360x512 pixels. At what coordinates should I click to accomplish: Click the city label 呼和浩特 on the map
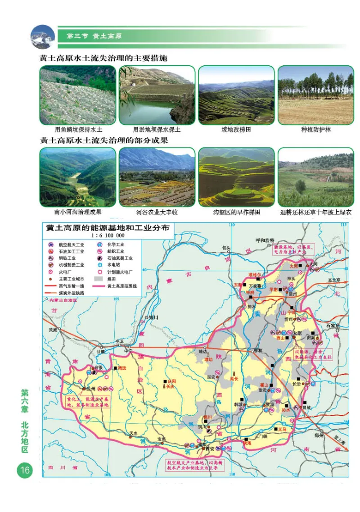click(265, 240)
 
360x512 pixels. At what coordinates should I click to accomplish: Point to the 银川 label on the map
click(154, 317)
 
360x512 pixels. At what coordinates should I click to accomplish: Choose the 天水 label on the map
click(132, 433)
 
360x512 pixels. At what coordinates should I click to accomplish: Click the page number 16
click(24, 471)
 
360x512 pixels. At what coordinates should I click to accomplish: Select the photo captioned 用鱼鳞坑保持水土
click(77, 95)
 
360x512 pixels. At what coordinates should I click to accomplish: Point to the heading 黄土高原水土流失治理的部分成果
click(104, 140)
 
